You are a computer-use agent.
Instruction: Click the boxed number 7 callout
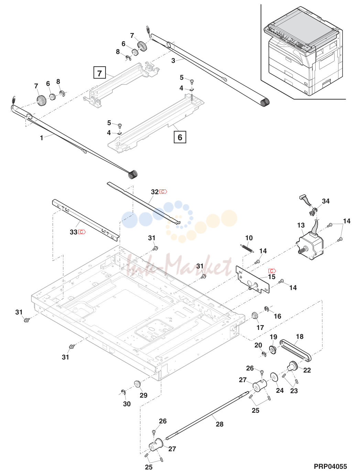[100, 73]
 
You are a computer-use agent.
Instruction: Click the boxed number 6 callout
[180, 137]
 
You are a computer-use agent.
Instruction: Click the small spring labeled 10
[247, 248]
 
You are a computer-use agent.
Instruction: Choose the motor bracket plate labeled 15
[252, 279]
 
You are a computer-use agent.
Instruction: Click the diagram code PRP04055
[330, 466]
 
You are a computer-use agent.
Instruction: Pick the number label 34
[326, 201]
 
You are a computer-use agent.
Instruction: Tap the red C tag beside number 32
[163, 191]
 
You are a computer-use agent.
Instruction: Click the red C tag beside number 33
[82, 232]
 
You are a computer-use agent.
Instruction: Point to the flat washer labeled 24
[274, 378]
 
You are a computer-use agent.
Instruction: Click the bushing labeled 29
[137, 384]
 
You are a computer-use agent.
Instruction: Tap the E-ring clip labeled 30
[124, 392]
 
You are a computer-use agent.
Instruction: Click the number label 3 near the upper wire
[173, 61]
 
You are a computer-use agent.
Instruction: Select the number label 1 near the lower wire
[41, 138]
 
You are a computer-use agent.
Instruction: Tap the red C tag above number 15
[272, 271]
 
